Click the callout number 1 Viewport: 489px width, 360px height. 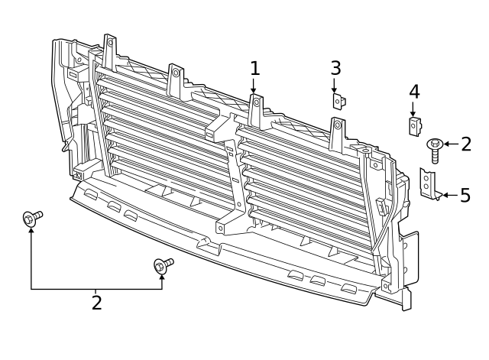click(254, 68)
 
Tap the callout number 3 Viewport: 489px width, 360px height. click(335, 67)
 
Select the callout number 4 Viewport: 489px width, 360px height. click(413, 92)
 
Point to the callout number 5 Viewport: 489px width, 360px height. click(465, 196)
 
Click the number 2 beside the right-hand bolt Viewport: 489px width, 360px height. click(467, 144)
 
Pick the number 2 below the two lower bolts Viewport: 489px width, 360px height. click(96, 302)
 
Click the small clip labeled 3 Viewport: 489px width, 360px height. click(337, 100)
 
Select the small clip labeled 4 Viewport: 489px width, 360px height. click(414, 125)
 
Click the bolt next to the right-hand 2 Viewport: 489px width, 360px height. click(435, 148)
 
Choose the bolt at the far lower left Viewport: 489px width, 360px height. click(32, 219)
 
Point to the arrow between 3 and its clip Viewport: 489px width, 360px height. click(335, 84)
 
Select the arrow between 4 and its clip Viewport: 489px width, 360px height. click(413, 109)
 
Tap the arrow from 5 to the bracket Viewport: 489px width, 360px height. click(450, 196)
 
